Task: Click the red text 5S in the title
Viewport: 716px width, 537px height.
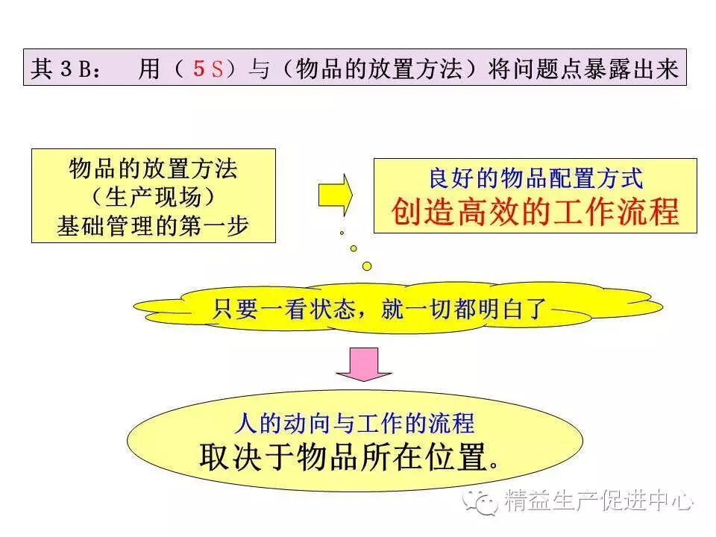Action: (208, 69)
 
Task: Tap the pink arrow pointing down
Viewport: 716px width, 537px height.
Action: (363, 364)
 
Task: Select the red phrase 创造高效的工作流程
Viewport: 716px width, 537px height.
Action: (536, 213)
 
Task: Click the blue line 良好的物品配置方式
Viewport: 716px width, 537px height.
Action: (536, 179)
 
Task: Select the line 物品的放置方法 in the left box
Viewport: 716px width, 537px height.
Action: (153, 169)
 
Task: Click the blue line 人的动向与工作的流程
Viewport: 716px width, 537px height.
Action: (354, 424)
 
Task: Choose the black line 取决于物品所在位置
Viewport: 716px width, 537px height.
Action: (348, 456)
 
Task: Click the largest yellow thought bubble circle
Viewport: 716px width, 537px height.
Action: (366, 265)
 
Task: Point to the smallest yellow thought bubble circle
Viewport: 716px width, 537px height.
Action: (342, 233)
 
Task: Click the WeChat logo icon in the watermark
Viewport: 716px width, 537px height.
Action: (481, 501)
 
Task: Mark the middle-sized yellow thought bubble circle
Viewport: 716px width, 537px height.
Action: (354, 248)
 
